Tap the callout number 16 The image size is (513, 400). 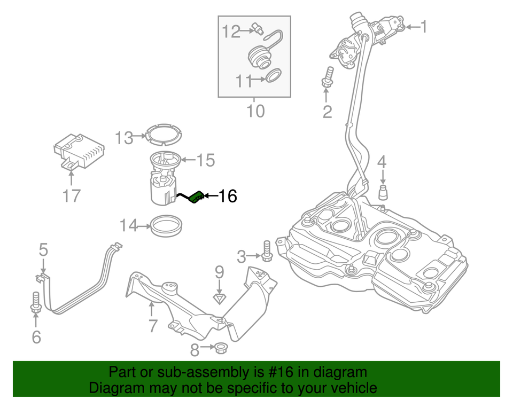coord(227,197)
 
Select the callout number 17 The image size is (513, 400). coord(71,196)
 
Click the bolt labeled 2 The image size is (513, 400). coord(327,76)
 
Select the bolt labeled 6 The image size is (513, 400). coord(36,301)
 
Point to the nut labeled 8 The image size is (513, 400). coord(219,349)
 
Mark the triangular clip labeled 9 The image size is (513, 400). coord(219,297)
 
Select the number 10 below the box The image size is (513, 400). coord(255,111)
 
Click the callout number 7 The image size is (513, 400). coord(153,325)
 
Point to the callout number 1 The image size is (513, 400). coord(423,27)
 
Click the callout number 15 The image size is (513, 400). coord(205,160)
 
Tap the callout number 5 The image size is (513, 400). coord(43,249)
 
